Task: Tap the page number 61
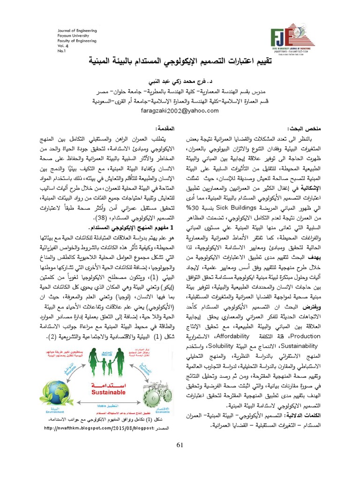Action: [180, 444]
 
